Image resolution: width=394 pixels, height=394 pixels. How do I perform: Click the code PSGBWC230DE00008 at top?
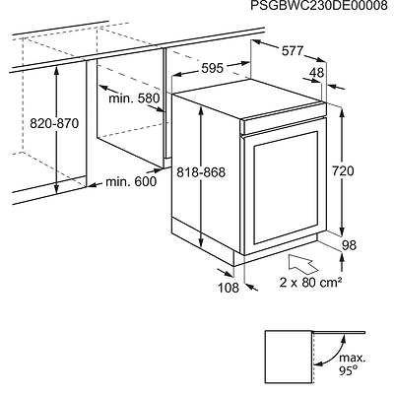tap(319, 6)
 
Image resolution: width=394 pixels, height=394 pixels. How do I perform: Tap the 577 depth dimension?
tap(293, 51)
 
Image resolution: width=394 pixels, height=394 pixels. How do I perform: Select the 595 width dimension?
tap(213, 68)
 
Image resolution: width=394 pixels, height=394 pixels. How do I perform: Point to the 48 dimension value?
tap(317, 73)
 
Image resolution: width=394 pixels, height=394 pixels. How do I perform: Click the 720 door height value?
tap(343, 171)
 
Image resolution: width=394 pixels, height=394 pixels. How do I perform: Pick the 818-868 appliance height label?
tap(201, 171)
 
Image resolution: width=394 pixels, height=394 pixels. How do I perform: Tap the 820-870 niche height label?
tap(54, 124)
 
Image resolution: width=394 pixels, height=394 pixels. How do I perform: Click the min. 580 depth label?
tap(134, 98)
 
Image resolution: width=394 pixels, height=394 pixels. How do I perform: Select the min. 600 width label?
tap(131, 181)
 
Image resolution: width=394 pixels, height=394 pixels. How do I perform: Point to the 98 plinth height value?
tap(349, 245)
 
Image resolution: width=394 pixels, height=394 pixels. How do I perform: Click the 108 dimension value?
tap(229, 288)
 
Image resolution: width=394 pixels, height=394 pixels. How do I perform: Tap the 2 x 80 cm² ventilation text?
tap(310, 282)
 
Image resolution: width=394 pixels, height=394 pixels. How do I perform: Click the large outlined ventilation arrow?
tap(302, 263)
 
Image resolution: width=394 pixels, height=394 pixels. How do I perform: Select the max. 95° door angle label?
tap(352, 363)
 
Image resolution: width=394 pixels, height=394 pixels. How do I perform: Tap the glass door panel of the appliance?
tap(285, 188)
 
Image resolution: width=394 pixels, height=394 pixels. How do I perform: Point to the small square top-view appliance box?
tap(290, 357)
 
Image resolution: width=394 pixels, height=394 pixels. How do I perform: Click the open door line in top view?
tap(340, 332)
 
